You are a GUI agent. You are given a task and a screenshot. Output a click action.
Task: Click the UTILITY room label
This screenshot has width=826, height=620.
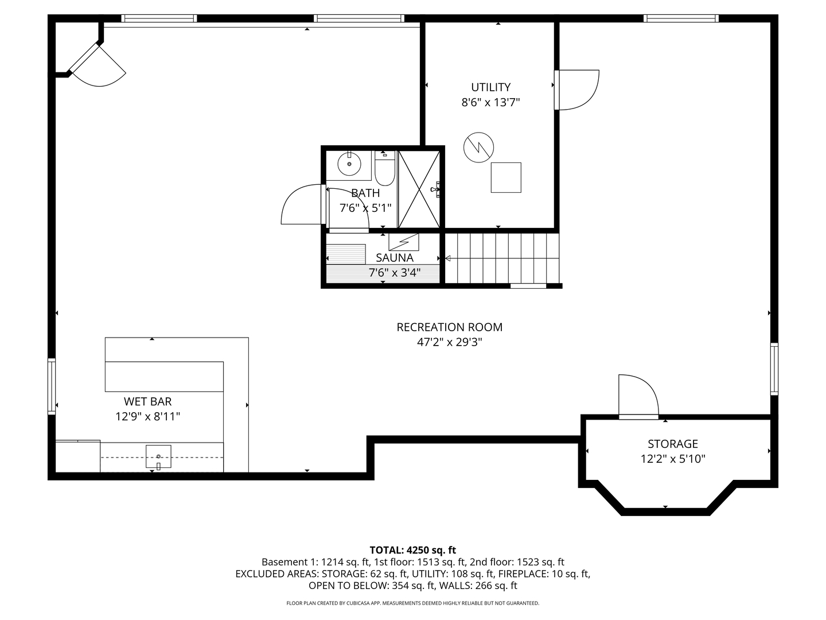click(490, 87)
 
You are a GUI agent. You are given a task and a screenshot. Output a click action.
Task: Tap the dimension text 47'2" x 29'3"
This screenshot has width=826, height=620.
click(449, 343)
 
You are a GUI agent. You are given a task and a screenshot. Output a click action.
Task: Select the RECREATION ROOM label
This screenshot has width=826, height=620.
click(449, 327)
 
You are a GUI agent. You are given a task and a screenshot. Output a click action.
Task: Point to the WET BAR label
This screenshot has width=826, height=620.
click(147, 402)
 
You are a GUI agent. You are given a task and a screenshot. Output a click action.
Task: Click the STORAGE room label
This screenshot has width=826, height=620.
click(672, 444)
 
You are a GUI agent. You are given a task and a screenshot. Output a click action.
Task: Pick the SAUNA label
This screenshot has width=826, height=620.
click(395, 258)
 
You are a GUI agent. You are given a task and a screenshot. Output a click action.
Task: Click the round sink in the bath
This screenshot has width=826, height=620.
click(349, 164)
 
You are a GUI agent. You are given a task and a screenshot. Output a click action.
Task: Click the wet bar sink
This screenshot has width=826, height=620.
click(158, 456)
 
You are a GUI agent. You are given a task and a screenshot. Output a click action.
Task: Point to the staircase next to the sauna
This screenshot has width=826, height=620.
click(502, 258)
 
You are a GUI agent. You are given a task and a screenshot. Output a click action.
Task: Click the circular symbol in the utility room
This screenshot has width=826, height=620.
click(478, 148)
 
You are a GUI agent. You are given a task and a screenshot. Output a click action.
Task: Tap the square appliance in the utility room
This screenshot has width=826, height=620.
click(506, 177)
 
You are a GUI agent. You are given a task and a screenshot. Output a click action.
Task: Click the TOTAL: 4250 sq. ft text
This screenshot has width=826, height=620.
click(412, 550)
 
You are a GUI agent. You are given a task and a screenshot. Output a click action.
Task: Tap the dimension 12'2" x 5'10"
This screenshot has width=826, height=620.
click(672, 459)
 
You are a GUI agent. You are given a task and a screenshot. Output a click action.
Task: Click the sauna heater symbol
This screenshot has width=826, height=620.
click(404, 242)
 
